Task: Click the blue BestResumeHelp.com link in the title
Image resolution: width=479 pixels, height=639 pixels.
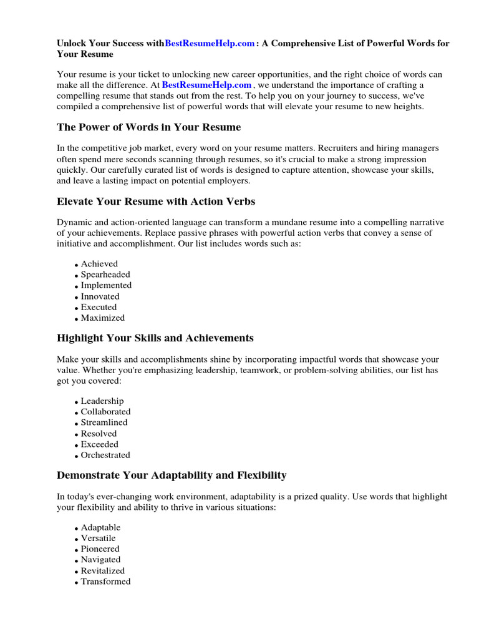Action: click(x=210, y=44)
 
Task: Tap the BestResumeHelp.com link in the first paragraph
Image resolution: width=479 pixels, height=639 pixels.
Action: click(x=206, y=85)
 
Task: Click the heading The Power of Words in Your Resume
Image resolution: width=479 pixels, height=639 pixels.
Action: click(x=148, y=127)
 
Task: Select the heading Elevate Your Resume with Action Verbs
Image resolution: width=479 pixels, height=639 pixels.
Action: click(x=156, y=202)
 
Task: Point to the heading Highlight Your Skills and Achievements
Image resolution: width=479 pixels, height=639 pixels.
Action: click(x=155, y=338)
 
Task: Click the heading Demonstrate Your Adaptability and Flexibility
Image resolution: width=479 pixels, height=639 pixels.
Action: click(x=172, y=476)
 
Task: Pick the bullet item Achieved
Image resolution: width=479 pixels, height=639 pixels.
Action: click(x=99, y=264)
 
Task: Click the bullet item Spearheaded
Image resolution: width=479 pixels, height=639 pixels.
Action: click(x=105, y=275)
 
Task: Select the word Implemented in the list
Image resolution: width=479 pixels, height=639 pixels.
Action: click(x=106, y=285)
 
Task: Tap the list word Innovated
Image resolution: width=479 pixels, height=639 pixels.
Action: click(x=100, y=296)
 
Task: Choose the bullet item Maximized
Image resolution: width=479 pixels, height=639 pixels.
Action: click(x=103, y=318)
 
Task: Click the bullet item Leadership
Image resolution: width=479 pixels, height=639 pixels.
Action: click(x=102, y=401)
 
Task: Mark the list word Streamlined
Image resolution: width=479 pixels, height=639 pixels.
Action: click(x=104, y=422)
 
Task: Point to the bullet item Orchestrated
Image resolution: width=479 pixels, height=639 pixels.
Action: click(x=105, y=455)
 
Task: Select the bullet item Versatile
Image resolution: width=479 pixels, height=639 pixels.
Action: click(x=99, y=538)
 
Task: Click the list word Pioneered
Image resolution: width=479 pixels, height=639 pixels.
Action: click(x=100, y=549)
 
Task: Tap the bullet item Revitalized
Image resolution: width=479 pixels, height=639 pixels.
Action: click(x=103, y=570)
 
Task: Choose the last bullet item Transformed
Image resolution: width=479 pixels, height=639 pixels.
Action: click(x=106, y=582)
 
